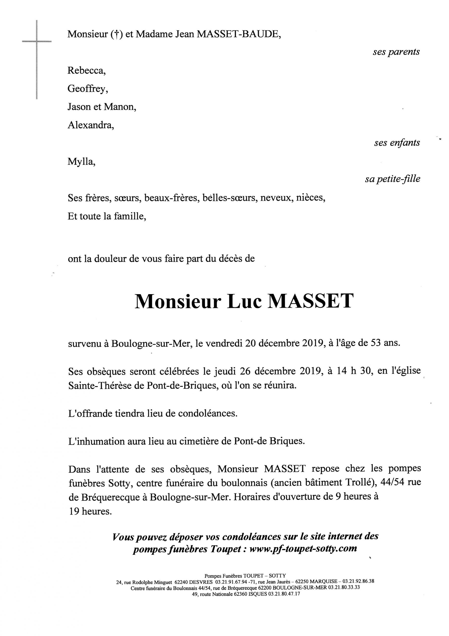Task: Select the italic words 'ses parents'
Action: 396,52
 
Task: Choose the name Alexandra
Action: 91,125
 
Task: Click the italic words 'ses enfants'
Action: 397,143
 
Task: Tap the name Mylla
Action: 81,161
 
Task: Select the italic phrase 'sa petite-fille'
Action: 392,179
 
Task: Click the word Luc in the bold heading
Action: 244,301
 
